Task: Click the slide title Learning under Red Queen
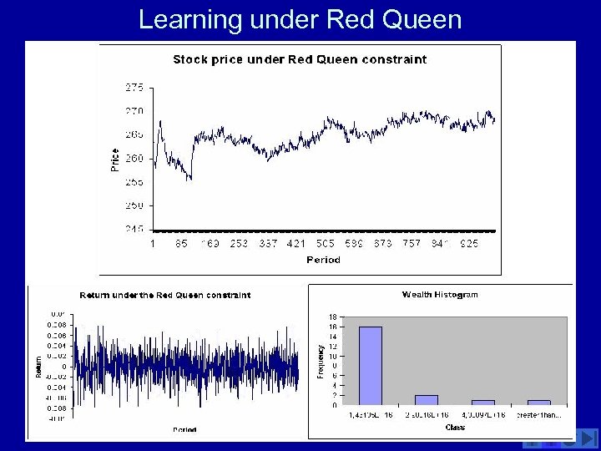point(300,18)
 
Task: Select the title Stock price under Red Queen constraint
point(300,59)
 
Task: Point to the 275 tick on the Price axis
point(134,87)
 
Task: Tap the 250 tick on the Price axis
point(134,205)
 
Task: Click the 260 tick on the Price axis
point(134,158)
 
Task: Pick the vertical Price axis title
point(114,159)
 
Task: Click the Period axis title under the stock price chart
point(323,260)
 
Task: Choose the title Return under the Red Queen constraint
point(164,295)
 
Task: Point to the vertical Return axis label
point(38,365)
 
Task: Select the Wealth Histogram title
point(440,294)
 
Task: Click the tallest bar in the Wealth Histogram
point(370,366)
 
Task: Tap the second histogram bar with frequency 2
point(427,400)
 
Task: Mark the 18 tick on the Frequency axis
point(332,317)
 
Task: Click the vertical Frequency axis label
point(321,362)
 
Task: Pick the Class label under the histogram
point(455,427)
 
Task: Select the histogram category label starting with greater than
point(539,414)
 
